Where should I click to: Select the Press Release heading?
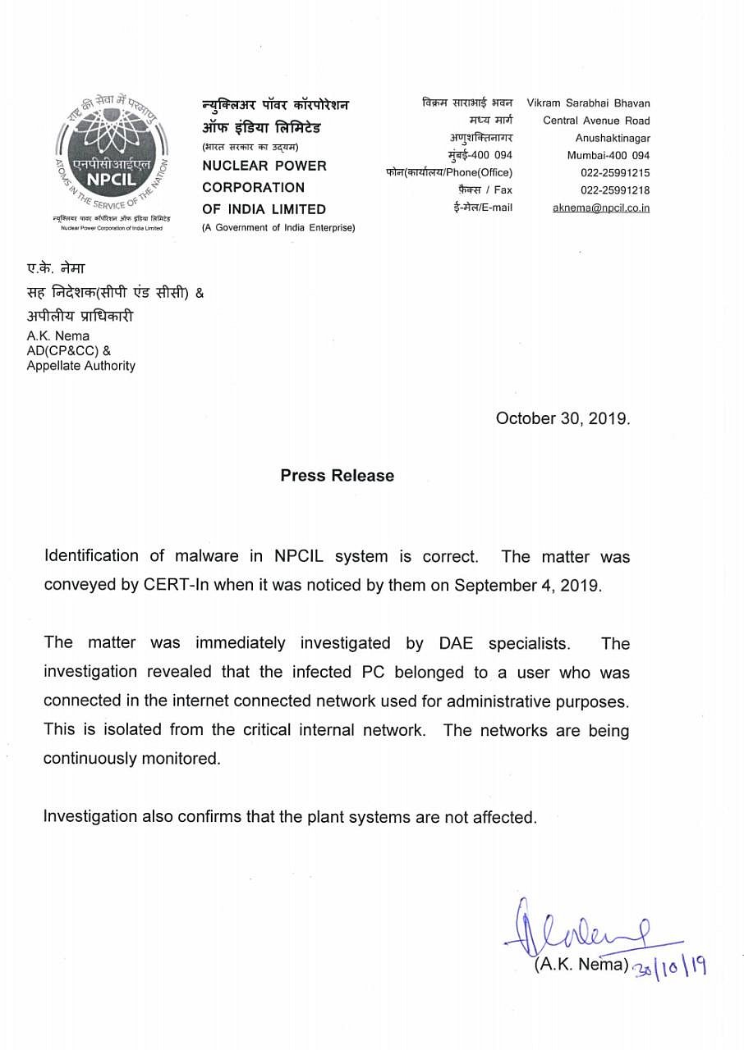point(337,476)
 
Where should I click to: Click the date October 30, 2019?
point(563,418)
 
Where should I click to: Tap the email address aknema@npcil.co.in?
point(601,208)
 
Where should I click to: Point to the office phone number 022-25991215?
point(615,172)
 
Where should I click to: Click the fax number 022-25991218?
point(615,190)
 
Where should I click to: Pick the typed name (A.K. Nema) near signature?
point(581,966)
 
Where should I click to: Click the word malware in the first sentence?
point(206,556)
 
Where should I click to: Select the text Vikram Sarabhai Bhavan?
point(588,103)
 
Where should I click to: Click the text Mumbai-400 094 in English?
point(609,155)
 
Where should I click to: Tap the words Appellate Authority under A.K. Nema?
point(80,366)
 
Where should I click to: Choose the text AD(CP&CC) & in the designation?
point(69,351)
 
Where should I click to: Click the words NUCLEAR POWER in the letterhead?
point(264,166)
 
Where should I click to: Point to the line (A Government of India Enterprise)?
point(278,227)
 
